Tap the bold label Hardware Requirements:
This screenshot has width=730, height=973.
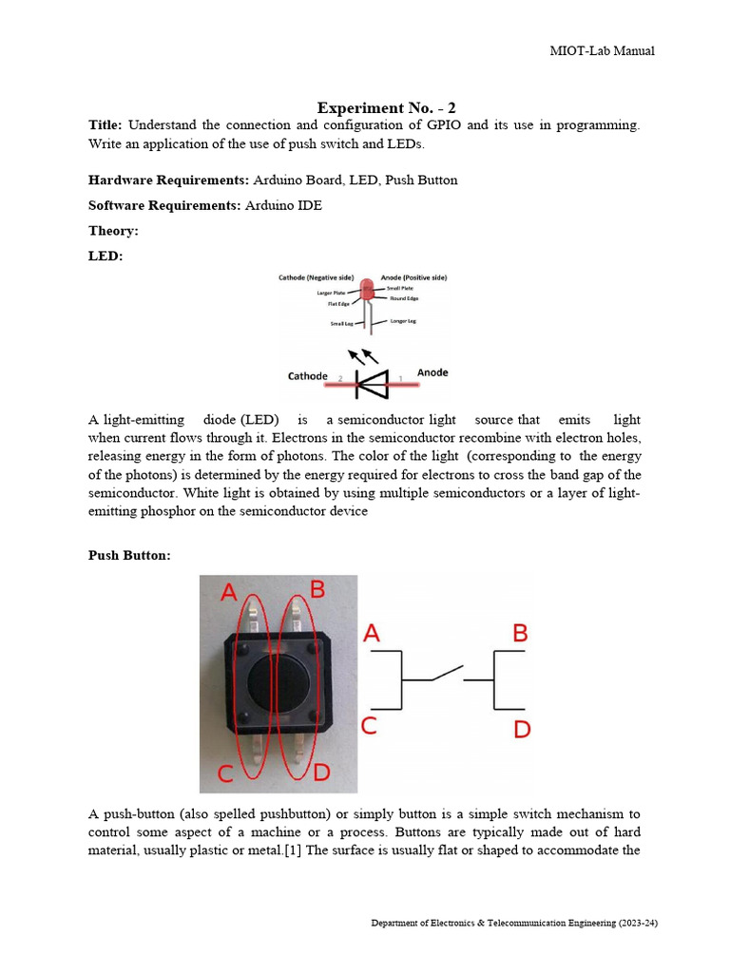click(168, 180)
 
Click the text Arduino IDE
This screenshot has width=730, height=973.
click(283, 205)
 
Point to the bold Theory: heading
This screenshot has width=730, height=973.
click(113, 231)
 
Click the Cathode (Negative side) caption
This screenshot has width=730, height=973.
click(316, 277)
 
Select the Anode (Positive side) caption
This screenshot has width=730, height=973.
click(413, 277)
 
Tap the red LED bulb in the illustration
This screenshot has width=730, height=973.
click(368, 289)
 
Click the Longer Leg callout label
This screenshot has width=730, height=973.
click(403, 321)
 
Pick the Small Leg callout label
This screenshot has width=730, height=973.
click(341, 324)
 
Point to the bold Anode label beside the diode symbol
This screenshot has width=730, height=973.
click(432, 372)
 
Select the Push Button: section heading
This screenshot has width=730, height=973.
click(129, 555)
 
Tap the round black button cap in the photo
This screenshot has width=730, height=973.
click(276, 683)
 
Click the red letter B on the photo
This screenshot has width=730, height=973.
click(317, 590)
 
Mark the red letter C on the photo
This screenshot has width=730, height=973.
click(225, 773)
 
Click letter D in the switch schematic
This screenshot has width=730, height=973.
click(522, 731)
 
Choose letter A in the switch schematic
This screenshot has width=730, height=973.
click(372, 633)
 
